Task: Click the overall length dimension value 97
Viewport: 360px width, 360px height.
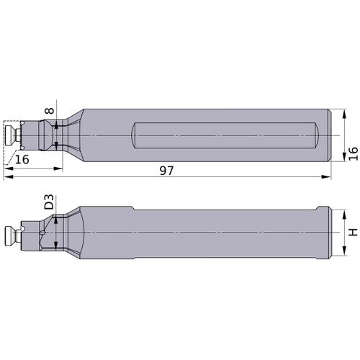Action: click(x=166, y=171)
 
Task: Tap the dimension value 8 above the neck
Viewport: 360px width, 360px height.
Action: click(x=50, y=111)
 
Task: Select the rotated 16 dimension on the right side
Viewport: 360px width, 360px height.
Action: click(x=353, y=153)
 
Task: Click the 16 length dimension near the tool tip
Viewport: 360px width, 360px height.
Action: click(x=22, y=159)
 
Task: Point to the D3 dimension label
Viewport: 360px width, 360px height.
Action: click(x=50, y=202)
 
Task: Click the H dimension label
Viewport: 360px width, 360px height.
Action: click(x=353, y=232)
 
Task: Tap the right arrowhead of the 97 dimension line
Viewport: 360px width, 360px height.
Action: click(x=326, y=177)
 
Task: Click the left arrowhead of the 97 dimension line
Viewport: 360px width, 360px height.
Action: click(x=9, y=177)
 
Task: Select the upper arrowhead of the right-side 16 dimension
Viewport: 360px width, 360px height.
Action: click(x=345, y=114)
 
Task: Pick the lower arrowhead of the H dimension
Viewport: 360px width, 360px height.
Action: click(x=345, y=251)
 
